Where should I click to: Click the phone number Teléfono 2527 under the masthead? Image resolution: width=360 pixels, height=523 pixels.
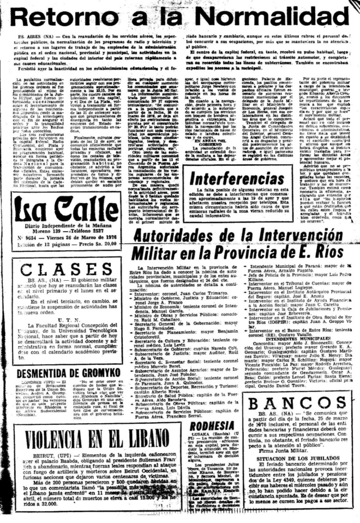[82, 230]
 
